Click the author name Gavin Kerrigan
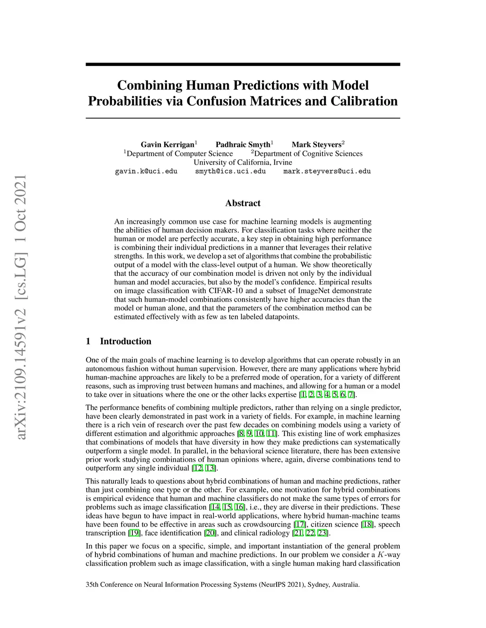coord(168,145)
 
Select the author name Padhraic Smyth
coord(243,145)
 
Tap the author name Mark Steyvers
coord(317,145)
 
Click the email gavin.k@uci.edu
coord(146,171)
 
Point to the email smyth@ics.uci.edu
coord(230,171)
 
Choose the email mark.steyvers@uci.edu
coord(327,171)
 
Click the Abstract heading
coord(243,203)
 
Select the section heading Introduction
coord(125,341)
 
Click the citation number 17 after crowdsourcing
coord(300,525)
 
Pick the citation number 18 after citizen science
coord(367,525)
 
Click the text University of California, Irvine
coord(243,162)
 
